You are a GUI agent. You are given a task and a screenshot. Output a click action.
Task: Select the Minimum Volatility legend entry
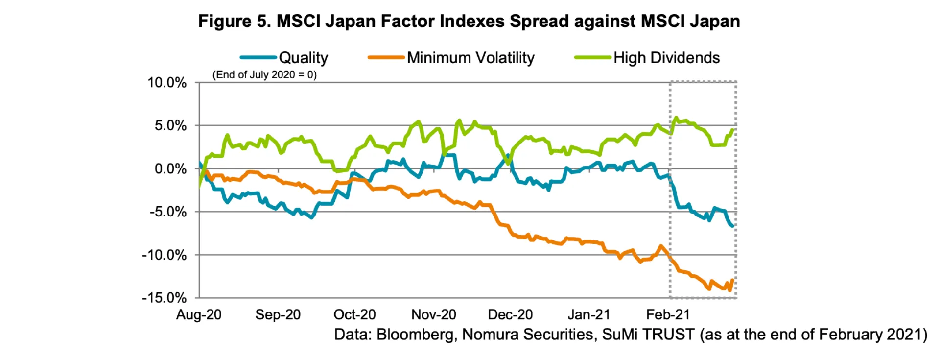470,58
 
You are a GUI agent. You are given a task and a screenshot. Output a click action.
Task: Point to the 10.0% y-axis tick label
167,83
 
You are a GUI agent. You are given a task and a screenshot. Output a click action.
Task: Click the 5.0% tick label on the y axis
170,126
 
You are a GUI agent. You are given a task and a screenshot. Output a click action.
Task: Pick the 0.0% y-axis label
170,169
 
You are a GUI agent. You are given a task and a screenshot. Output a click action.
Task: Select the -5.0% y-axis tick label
168,212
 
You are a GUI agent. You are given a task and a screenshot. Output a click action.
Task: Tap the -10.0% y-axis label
164,255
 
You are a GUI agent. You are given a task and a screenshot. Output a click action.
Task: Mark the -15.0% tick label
164,298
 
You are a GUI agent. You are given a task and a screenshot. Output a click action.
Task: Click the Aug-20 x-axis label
199,314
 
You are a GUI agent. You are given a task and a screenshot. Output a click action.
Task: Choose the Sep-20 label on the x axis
278,314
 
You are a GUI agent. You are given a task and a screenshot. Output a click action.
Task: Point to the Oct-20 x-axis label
354,314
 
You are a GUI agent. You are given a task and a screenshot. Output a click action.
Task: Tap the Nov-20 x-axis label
433,314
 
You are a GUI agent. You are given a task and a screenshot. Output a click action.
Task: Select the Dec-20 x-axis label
510,314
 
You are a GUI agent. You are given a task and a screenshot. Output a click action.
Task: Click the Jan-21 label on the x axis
588,314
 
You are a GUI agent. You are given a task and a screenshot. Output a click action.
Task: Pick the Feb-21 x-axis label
668,314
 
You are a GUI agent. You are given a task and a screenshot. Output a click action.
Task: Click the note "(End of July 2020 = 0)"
264,75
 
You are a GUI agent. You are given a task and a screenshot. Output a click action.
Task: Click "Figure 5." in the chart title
235,22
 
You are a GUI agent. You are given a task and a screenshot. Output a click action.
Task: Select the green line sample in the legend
593,58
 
